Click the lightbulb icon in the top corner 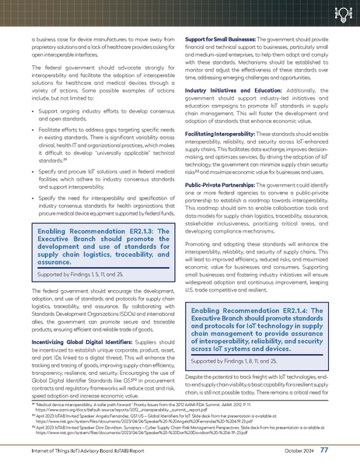(344, 15)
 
